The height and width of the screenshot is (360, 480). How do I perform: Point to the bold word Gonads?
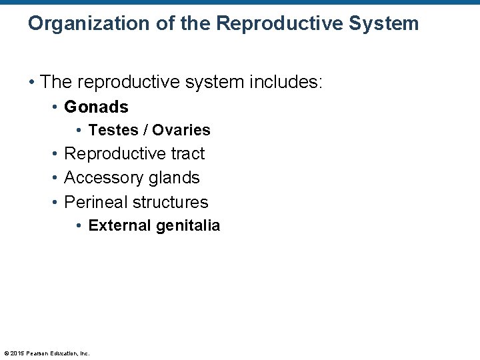click(96, 107)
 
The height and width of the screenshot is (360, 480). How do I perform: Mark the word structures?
click(171, 202)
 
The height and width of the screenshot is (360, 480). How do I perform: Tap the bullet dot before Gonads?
click(55, 107)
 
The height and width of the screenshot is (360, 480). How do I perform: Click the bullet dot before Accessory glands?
click(55, 179)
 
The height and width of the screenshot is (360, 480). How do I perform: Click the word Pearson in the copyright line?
click(36, 353)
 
